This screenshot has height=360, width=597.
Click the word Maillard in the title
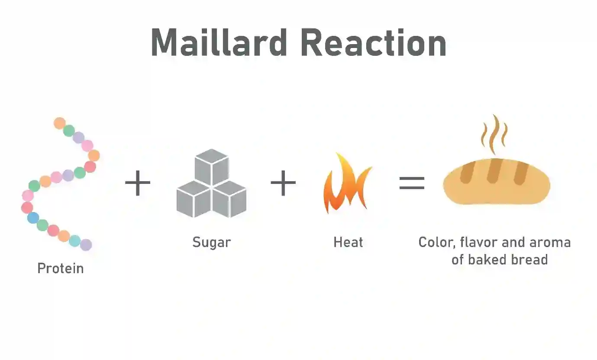tap(219, 42)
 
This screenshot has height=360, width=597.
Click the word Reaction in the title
tap(373, 42)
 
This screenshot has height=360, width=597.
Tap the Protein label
tap(60, 268)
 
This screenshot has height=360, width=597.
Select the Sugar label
tap(211, 242)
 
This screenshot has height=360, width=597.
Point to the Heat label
tap(348, 242)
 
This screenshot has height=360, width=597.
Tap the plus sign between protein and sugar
tap(138, 183)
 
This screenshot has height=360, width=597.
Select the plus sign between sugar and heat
tap(283, 183)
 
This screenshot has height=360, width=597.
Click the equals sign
tap(412, 183)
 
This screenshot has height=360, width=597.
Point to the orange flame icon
tap(346, 184)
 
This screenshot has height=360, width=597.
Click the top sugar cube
tap(211, 167)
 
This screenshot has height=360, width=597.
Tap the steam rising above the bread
tap(494, 134)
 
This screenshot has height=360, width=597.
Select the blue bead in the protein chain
tap(33, 218)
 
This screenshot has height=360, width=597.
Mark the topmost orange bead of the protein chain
tap(60, 123)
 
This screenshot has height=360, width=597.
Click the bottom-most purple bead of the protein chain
tap(86, 245)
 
